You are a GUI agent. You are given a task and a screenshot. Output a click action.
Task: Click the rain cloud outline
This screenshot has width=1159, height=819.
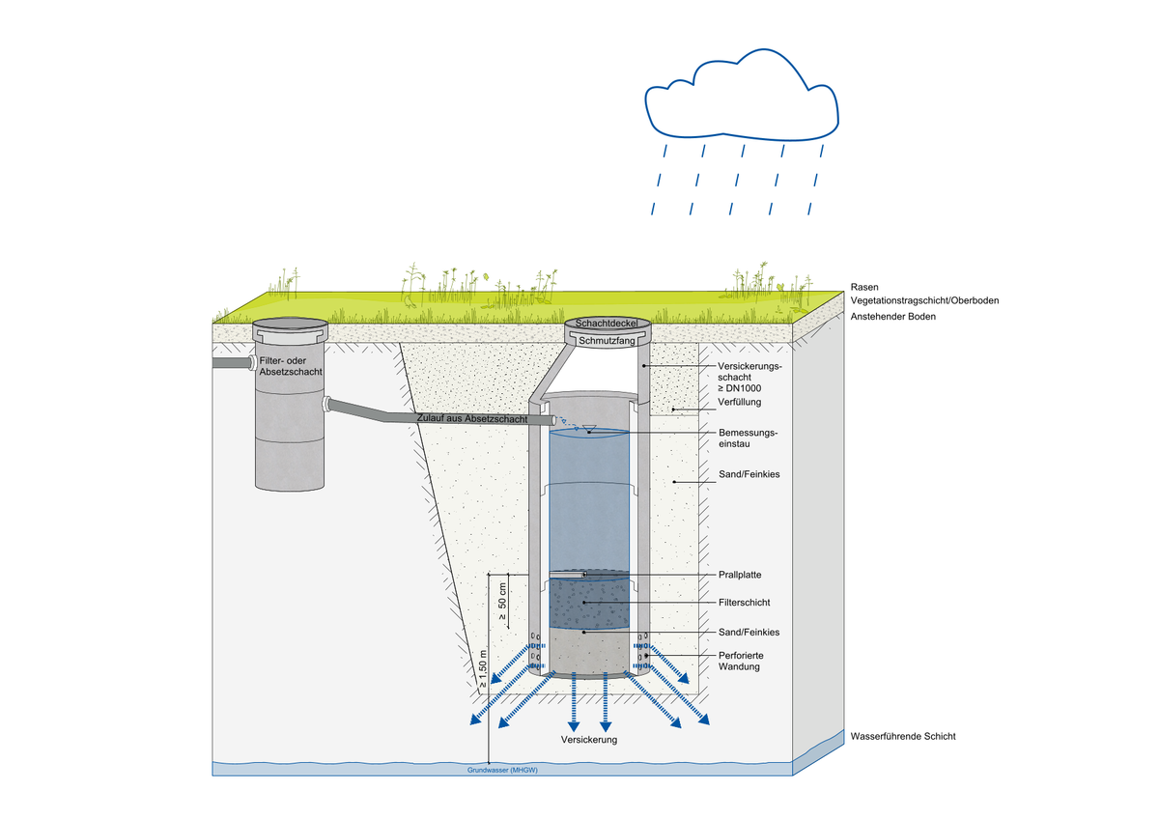[x=741, y=98]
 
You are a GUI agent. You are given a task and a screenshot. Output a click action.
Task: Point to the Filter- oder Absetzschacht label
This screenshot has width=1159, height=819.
[x=290, y=366]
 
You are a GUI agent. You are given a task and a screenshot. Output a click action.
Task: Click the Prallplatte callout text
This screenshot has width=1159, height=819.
[x=741, y=574]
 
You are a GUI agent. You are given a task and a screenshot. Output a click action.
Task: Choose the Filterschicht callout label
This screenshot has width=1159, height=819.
[x=745, y=602]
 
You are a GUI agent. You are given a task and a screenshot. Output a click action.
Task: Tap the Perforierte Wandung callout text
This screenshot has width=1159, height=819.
[x=743, y=662]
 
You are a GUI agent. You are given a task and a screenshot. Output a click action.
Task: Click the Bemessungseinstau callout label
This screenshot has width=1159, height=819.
[x=749, y=438]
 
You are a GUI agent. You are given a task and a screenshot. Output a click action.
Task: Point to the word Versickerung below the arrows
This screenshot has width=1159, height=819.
[x=588, y=739]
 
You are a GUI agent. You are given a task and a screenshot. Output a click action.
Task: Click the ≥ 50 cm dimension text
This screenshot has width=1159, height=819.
[x=502, y=600]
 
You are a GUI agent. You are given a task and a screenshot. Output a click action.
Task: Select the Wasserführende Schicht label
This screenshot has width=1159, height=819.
[x=902, y=736]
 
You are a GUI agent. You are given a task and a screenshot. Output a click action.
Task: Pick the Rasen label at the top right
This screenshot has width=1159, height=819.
[x=864, y=287]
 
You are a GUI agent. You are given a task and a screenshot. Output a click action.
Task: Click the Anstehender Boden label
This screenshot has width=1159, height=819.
[x=893, y=316]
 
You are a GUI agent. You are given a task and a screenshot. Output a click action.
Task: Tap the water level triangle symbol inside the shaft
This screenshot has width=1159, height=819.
[x=589, y=428]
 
